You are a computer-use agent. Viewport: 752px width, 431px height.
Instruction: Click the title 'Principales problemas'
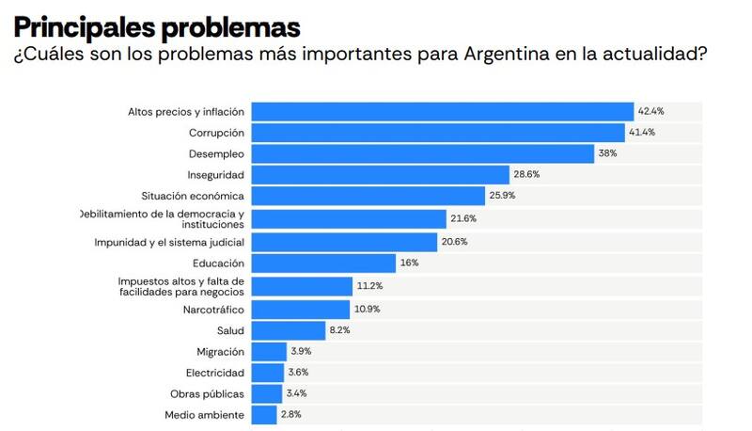(157, 25)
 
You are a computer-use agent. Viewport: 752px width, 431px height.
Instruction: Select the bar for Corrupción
(439, 133)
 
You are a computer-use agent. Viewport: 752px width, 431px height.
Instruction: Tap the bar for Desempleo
(423, 153)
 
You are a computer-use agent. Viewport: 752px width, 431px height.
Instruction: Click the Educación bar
(323, 263)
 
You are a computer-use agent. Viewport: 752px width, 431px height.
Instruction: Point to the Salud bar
(289, 330)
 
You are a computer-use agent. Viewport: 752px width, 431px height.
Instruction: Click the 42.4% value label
(651, 111)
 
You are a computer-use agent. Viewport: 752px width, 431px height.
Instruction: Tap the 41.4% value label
(642, 133)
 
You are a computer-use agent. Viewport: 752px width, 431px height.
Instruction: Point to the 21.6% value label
(463, 218)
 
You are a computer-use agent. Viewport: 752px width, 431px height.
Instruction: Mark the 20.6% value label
(454, 242)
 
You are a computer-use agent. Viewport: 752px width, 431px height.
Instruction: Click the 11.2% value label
(369, 286)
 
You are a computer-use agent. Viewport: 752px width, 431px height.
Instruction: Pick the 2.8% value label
(291, 415)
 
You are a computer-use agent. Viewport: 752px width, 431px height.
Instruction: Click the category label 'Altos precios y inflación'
(186, 111)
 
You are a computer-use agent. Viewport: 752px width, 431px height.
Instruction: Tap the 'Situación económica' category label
(193, 196)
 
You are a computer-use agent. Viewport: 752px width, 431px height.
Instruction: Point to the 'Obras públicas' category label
(207, 393)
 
